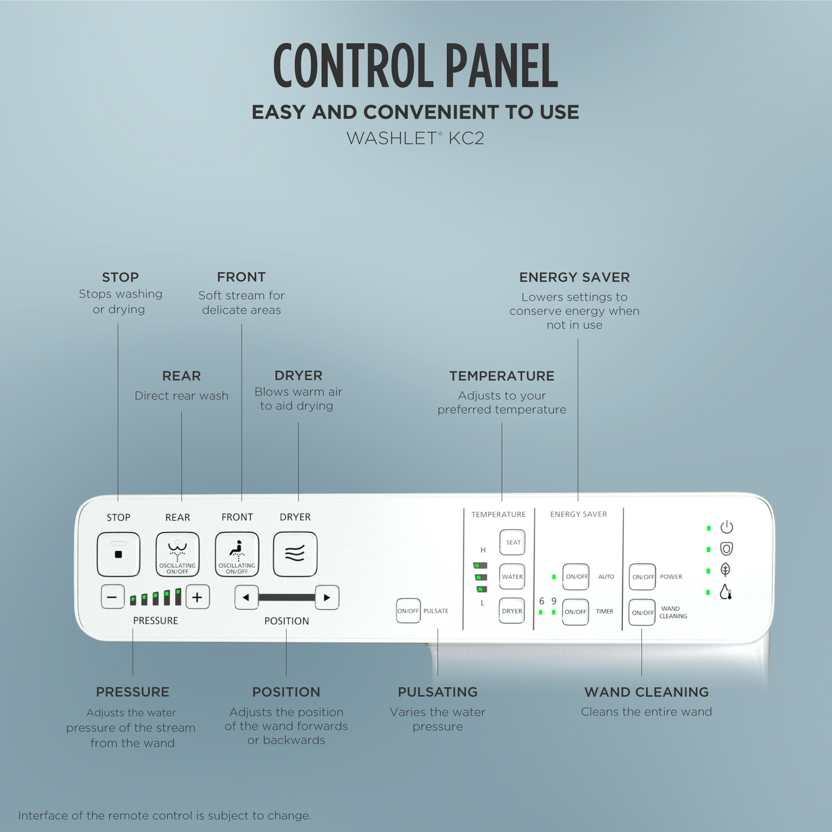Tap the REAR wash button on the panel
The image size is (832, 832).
pos(177,554)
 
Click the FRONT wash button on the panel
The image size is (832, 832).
pos(237,554)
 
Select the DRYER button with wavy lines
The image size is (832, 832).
pos(295,554)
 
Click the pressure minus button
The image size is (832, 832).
pos(113,597)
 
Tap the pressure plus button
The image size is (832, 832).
pos(197,597)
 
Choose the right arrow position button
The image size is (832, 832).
pos(327,597)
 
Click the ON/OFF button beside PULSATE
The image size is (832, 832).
pos(408,611)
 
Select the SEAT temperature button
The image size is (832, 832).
pos(513,542)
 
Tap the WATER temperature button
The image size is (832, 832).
pos(513,577)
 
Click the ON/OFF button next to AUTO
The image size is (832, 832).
pos(576,577)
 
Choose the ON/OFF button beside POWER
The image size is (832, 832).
pos(642,577)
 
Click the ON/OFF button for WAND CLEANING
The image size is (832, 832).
pos(642,612)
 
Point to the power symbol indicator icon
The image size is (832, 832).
pos(727,527)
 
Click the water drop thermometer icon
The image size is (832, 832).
pos(726,592)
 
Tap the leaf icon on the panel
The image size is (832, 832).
pos(726,570)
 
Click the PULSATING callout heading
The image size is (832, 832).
pos(438,692)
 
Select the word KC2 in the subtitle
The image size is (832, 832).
pos(466,138)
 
